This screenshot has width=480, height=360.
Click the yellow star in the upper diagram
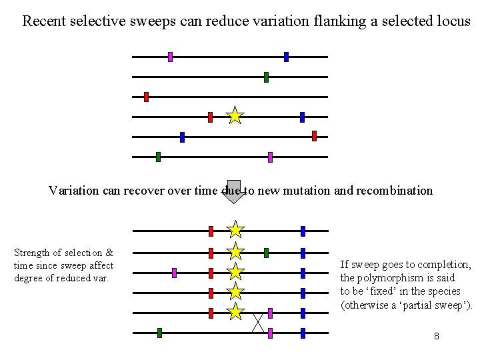pyautogui.click(x=235, y=116)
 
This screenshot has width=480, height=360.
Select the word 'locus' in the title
pyautogui.click(x=453, y=21)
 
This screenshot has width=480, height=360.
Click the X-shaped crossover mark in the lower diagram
pyautogui.click(x=258, y=323)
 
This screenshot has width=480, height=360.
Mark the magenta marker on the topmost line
pyautogui.click(x=170, y=57)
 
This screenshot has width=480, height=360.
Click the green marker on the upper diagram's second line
pyautogui.click(x=266, y=77)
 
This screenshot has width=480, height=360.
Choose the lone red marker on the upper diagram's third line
pyautogui.click(x=146, y=97)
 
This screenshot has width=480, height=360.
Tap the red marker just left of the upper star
pyautogui.click(x=210, y=117)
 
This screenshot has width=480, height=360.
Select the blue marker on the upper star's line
pyautogui.click(x=302, y=117)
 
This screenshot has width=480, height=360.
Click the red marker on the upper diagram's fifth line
pyautogui.click(x=314, y=136)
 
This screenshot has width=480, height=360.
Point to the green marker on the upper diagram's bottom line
pyautogui.click(x=158, y=157)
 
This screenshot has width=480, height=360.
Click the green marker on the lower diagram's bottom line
pyautogui.click(x=159, y=333)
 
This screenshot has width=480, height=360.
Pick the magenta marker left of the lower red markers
pyautogui.click(x=174, y=273)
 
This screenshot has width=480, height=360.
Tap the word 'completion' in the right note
pyautogui.click(x=447, y=265)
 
